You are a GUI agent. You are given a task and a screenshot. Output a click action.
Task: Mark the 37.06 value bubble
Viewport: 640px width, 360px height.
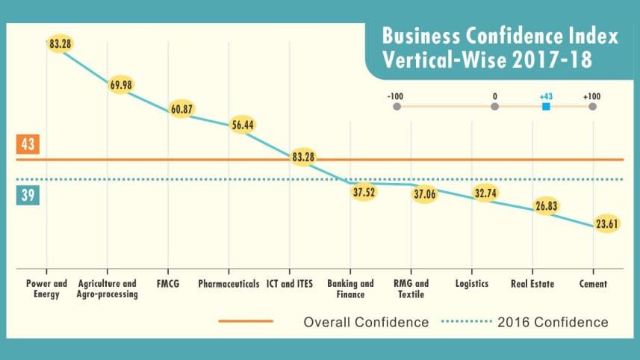[424, 193]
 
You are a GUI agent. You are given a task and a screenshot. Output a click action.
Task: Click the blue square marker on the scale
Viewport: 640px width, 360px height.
[546, 107]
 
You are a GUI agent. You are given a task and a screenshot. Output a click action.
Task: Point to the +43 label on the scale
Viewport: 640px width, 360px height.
[546, 96]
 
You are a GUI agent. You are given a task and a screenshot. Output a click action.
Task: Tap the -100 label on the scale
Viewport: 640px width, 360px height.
[396, 96]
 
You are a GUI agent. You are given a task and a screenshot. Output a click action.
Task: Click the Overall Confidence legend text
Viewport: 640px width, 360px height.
[366, 323]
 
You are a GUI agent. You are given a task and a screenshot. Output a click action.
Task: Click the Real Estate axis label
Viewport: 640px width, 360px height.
[532, 284]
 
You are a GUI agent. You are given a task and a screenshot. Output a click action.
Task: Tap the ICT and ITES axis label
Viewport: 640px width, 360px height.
[290, 284]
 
